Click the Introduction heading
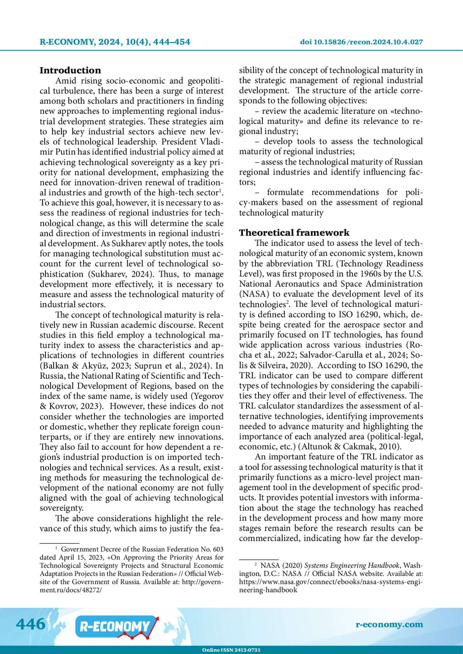(x=70, y=71)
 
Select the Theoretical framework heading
(x=294, y=233)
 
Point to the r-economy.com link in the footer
(x=389, y=624)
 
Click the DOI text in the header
(x=361, y=42)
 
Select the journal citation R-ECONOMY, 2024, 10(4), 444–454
(x=115, y=42)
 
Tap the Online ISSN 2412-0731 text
(x=231, y=650)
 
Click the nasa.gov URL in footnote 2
(x=331, y=582)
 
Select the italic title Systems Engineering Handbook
(x=351, y=565)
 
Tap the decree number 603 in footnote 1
(x=218, y=549)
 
